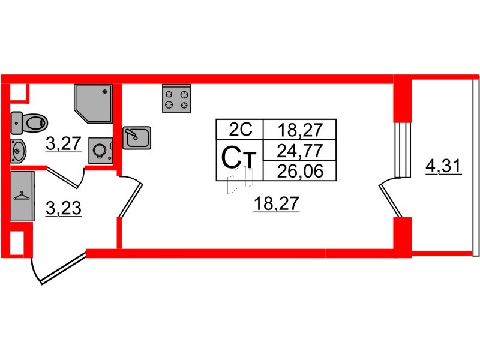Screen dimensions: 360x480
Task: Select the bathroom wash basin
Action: point(18,150)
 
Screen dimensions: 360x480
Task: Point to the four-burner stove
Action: point(176,98)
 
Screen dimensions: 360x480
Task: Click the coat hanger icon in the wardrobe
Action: point(22,196)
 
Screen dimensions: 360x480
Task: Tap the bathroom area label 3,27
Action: point(64,144)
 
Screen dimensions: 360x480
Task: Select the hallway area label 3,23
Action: point(64,208)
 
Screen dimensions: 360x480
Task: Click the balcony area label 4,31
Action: point(443,164)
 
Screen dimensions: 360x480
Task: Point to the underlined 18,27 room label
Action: point(276,205)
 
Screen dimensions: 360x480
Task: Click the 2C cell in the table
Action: point(238,129)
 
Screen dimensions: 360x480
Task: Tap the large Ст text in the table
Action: point(238,160)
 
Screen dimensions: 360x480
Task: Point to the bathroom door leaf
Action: point(64,178)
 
